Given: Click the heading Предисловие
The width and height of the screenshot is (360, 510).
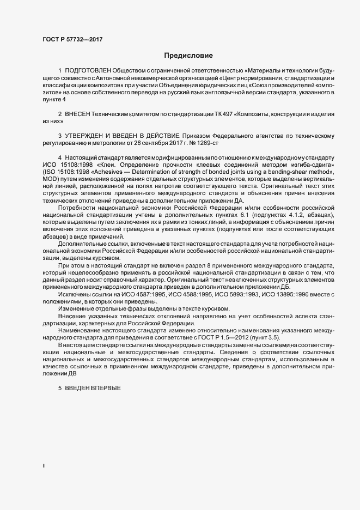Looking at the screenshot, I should [188, 56].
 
